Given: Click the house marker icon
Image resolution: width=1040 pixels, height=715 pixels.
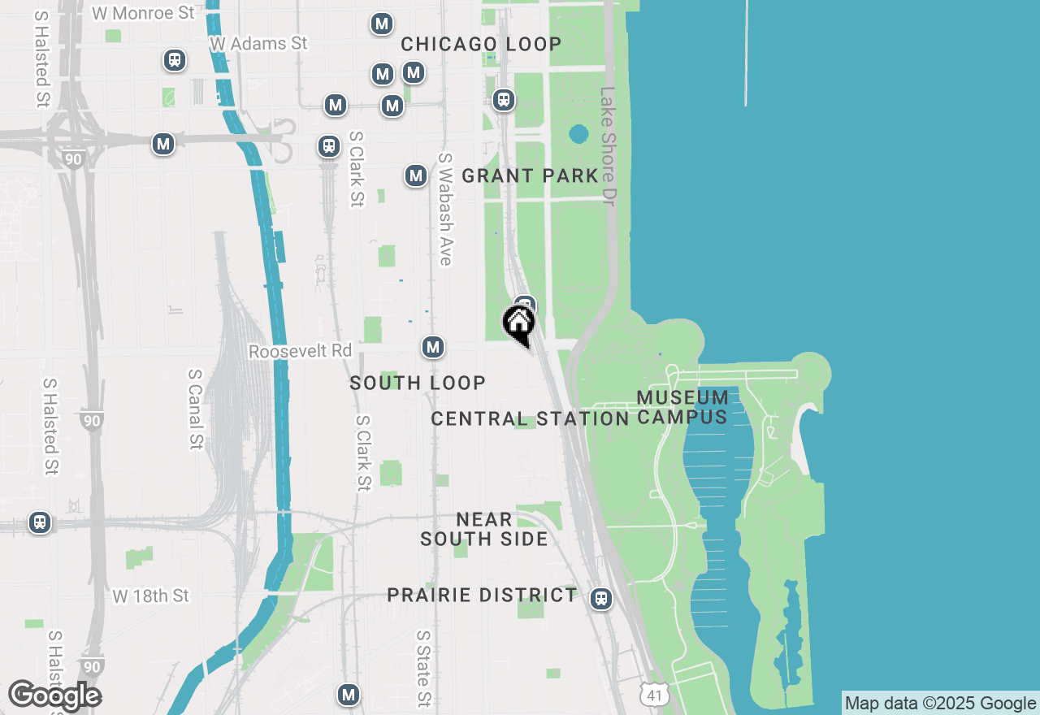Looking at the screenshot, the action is [x=518, y=323].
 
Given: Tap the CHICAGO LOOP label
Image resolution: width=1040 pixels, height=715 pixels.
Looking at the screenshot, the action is [x=481, y=45].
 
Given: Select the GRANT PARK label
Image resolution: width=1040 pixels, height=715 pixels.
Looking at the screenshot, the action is [x=530, y=175].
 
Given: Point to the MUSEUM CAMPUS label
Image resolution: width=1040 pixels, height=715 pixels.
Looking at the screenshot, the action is [x=682, y=407].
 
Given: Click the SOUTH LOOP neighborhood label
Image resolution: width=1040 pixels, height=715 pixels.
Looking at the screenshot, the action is [x=418, y=383].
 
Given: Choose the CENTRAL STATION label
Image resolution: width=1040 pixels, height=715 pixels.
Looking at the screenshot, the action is [x=530, y=418].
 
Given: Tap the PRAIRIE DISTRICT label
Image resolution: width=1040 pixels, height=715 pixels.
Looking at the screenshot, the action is [x=482, y=595].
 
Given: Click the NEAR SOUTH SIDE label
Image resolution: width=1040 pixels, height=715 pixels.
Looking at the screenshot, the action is [x=484, y=529].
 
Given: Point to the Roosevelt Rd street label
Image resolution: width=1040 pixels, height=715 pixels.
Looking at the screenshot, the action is [x=300, y=351].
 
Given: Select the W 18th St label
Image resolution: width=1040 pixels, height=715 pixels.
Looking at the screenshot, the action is [x=150, y=596].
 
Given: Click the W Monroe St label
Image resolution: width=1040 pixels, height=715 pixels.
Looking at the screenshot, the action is [x=143, y=13].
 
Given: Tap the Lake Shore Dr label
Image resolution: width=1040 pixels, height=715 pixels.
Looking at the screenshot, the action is [x=609, y=145].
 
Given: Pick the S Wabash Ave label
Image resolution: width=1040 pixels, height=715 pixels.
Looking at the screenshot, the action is [x=444, y=209].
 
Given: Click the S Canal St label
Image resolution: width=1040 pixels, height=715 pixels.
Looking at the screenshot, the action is [x=195, y=409].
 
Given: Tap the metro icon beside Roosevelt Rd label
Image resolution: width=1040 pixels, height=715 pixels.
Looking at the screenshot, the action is [x=433, y=348].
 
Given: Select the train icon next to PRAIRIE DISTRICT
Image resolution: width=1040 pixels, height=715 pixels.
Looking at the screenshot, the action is [x=601, y=599].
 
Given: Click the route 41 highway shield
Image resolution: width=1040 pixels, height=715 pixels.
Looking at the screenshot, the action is [x=654, y=695].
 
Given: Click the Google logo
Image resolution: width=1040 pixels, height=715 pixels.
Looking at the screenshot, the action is [x=54, y=696].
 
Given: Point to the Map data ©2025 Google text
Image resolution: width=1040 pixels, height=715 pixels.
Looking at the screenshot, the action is [x=940, y=704].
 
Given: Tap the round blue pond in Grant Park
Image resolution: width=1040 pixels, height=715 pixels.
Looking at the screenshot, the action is [x=578, y=133].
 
